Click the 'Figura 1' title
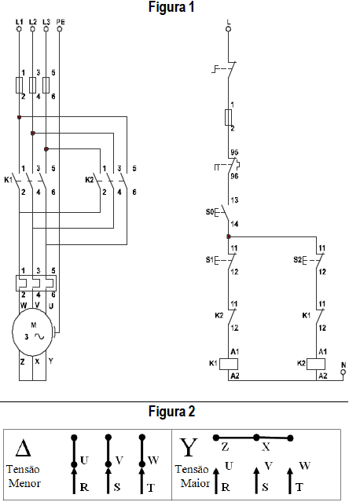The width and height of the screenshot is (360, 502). (171, 7)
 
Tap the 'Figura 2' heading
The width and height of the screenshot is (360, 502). (171, 412)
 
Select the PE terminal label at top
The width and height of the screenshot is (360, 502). (61, 22)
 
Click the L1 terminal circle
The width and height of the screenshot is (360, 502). (19, 29)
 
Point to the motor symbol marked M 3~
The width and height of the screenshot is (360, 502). (32, 332)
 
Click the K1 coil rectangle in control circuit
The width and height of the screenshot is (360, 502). (229, 364)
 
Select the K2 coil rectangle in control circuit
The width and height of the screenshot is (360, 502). (316, 364)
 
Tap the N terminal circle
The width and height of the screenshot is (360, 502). (343, 372)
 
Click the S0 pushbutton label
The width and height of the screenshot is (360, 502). (209, 212)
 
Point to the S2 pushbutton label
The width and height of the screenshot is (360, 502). (298, 259)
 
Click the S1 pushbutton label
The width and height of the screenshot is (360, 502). (209, 259)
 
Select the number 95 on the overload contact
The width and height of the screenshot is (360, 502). (234, 152)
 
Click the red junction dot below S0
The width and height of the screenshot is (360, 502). (229, 237)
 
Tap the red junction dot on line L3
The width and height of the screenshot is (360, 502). (46, 148)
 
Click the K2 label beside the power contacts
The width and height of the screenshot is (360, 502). (90, 180)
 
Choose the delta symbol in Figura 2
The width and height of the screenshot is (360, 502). (24, 448)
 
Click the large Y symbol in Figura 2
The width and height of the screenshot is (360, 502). (189, 448)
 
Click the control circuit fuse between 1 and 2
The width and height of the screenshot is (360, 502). (229, 117)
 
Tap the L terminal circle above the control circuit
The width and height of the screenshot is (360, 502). (229, 29)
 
